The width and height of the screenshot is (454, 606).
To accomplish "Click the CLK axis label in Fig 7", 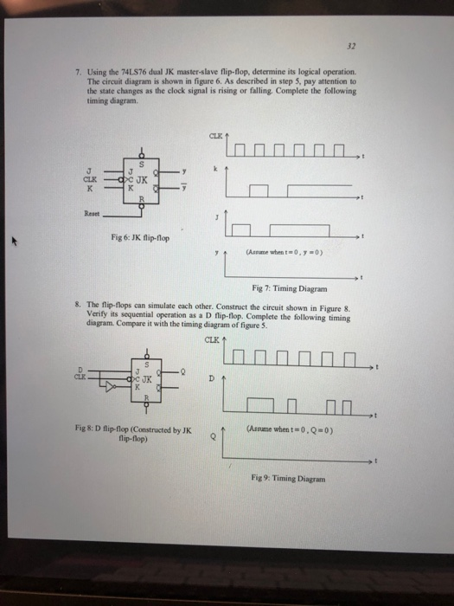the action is (214, 135).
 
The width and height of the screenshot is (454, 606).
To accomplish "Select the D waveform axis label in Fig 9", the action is (210, 377).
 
